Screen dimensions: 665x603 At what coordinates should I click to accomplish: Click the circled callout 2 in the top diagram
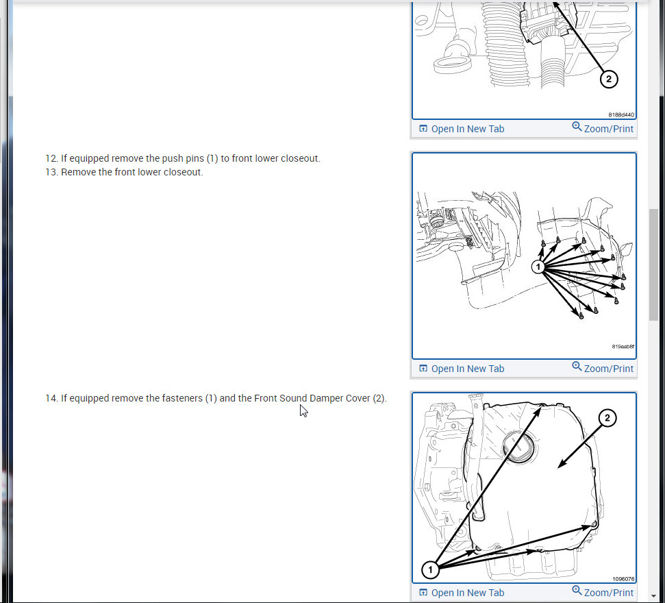coord(609,79)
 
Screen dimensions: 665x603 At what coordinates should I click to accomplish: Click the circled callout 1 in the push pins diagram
coord(538,267)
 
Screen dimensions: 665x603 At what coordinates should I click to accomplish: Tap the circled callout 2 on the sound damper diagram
coord(607,418)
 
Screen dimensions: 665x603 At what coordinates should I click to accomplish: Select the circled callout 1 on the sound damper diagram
coord(431,569)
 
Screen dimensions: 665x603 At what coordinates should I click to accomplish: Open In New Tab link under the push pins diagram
coord(462,369)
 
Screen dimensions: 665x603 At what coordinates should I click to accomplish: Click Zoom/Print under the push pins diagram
coord(603,368)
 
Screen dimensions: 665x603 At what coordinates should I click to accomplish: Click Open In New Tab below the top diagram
coord(462,129)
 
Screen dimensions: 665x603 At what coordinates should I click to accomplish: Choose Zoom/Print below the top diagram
coord(603,128)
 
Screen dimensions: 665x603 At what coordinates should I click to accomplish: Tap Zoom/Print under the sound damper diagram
coord(603,592)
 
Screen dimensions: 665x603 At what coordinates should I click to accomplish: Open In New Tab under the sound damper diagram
coord(462,593)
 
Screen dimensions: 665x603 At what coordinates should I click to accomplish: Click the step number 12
coord(51,158)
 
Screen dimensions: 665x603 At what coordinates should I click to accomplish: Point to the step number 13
coord(51,172)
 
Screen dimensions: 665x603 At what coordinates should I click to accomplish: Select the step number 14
coord(51,398)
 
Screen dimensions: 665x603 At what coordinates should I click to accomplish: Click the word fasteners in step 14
coord(182,398)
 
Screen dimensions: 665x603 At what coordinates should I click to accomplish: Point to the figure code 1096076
coord(623,579)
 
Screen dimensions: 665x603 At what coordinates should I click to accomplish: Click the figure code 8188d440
coord(621,114)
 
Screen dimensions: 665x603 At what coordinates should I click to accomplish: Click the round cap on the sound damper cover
coord(518,447)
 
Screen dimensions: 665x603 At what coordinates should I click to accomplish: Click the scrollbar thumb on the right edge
coord(653,264)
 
